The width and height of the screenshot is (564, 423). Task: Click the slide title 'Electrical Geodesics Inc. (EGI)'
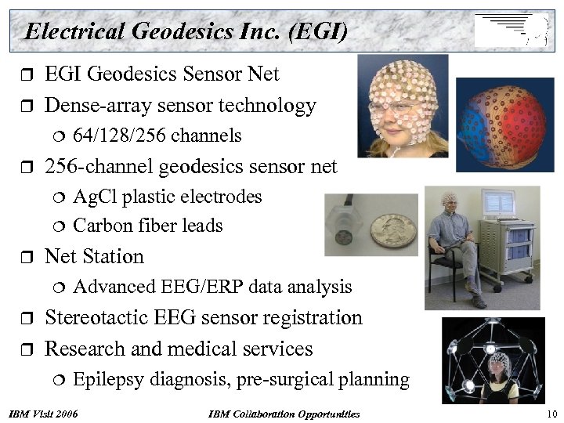click(x=186, y=31)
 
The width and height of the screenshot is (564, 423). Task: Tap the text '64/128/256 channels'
click(x=157, y=136)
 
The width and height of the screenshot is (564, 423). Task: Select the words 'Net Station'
click(x=95, y=256)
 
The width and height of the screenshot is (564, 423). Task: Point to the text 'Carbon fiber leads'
click(x=147, y=226)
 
